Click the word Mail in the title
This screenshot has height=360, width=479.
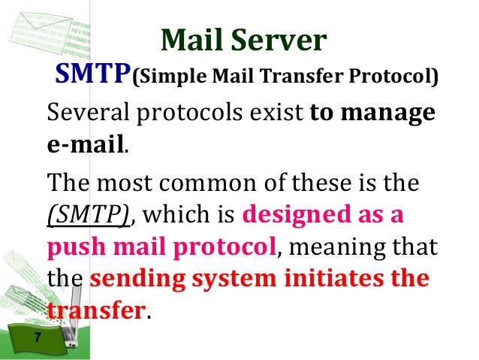[193, 41]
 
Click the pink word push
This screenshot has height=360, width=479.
[72, 247]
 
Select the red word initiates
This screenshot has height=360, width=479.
[328, 278]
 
